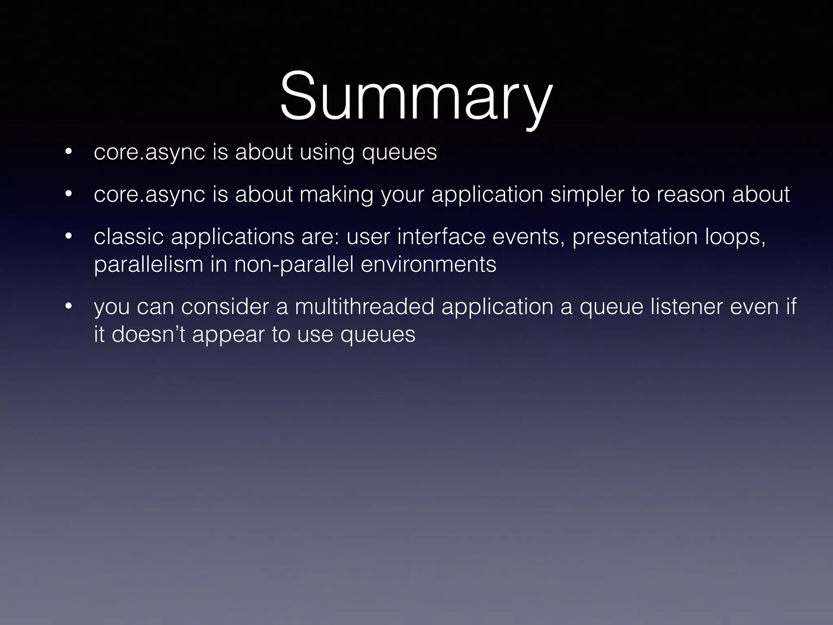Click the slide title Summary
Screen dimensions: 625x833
[416, 98]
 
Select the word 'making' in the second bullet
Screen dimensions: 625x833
[336, 195]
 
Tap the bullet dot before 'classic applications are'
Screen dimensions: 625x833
[68, 236]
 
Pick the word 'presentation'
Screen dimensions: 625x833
[635, 237]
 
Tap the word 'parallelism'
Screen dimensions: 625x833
[148, 265]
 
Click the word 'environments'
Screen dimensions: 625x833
[428, 264]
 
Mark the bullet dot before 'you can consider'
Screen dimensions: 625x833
[68, 306]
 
